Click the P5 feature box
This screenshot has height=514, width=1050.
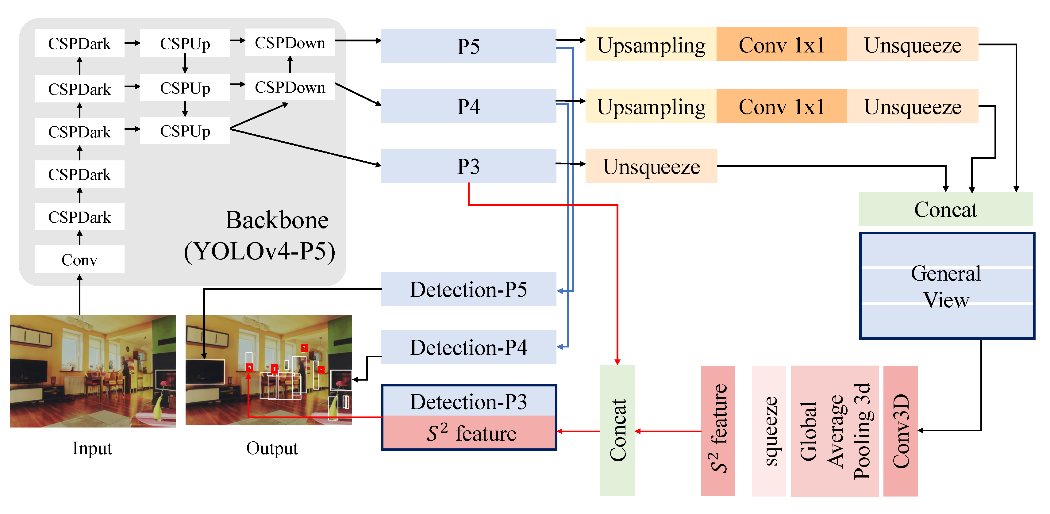pos(468,46)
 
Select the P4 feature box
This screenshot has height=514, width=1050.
pos(468,106)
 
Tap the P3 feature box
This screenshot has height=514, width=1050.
pos(468,166)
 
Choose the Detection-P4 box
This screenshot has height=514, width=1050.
pos(468,347)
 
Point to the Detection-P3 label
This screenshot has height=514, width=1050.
pos(468,401)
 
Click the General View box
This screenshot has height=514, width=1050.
pos(946,286)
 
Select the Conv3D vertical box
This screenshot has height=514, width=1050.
pos(900,431)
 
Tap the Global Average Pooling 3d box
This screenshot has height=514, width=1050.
pos(834,431)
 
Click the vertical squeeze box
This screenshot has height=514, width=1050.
pos(769,431)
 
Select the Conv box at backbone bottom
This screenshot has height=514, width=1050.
pos(79,259)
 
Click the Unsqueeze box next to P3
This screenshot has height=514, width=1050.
pos(651,166)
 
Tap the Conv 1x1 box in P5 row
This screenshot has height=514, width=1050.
pos(781,45)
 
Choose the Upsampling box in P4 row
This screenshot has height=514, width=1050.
pos(651,106)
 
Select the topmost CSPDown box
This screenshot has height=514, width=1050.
pos(290,42)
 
